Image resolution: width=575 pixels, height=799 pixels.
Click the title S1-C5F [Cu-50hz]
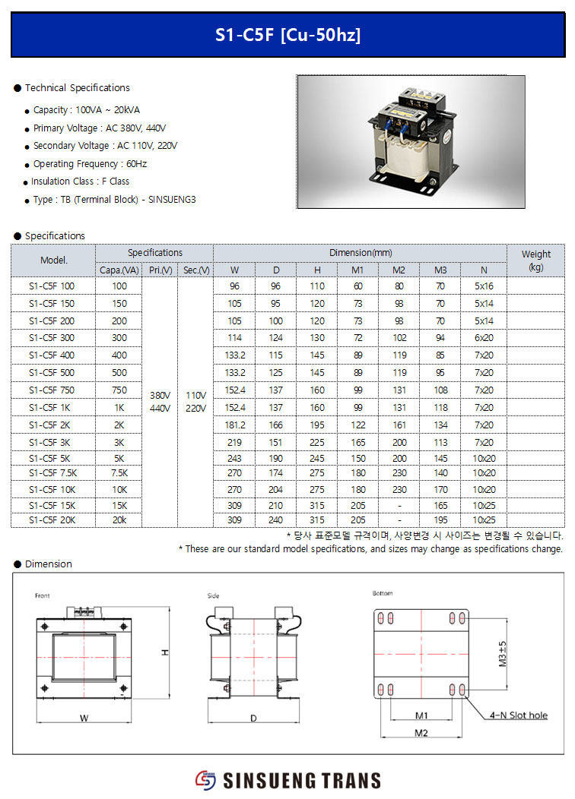click(x=287, y=35)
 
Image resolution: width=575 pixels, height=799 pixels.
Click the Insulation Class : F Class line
click(x=80, y=182)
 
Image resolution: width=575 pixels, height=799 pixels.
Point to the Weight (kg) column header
click(x=535, y=261)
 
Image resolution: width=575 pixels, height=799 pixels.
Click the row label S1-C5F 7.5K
click(x=52, y=472)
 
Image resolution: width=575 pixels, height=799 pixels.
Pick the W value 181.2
click(x=234, y=425)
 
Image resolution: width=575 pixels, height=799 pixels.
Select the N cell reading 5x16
click(x=484, y=286)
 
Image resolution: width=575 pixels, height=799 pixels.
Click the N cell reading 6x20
click(x=484, y=338)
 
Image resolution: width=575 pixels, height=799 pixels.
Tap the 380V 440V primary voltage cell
click(x=160, y=402)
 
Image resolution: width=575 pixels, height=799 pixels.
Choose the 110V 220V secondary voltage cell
click(x=195, y=402)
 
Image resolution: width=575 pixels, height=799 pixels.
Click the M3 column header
click(x=440, y=270)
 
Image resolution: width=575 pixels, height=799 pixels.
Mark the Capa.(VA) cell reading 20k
click(x=119, y=520)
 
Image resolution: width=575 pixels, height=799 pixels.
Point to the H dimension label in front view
click(x=164, y=652)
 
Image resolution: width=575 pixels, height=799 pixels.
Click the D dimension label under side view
click(x=253, y=718)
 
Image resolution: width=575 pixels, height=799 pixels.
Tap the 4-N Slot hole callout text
click(x=519, y=715)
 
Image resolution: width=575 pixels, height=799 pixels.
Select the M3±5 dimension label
click(x=503, y=653)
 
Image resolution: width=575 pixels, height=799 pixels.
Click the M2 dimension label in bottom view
click(x=421, y=733)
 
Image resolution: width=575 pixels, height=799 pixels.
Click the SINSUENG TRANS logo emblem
click(x=205, y=780)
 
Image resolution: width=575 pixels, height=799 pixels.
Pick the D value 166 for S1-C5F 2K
click(x=276, y=425)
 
